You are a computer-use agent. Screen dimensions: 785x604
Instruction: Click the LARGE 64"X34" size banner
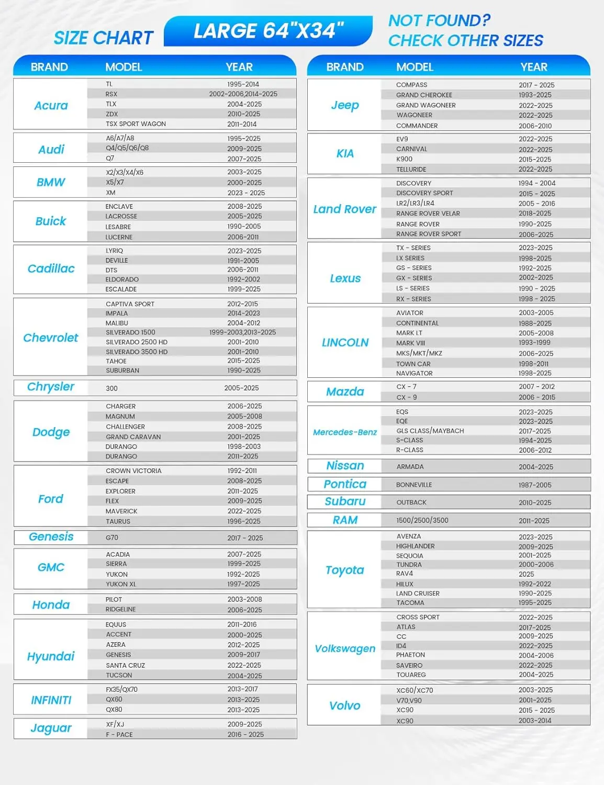click(268, 31)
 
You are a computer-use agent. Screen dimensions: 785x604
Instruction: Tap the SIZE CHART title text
click(103, 38)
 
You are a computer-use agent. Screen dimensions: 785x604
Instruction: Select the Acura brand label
click(51, 106)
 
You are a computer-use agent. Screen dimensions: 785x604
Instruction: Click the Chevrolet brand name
click(50, 338)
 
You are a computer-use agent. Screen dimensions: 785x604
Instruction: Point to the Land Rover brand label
click(344, 209)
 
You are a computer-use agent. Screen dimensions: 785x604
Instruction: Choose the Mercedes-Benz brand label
click(344, 432)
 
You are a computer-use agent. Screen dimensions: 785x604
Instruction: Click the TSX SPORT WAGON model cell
click(136, 124)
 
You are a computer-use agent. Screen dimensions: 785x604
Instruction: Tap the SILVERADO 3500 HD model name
click(137, 352)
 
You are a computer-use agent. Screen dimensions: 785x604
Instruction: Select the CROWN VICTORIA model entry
click(133, 471)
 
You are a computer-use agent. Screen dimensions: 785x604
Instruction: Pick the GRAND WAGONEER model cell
click(426, 105)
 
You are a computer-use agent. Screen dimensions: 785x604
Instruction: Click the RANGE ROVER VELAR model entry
click(428, 214)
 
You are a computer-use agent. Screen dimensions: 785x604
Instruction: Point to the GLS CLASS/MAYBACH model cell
click(430, 431)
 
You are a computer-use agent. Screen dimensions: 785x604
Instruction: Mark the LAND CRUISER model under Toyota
click(418, 593)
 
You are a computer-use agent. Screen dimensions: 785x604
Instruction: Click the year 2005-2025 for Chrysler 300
click(241, 388)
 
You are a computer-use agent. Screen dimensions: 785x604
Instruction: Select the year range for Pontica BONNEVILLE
click(534, 485)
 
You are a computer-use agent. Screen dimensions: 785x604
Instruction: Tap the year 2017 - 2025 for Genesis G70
click(245, 538)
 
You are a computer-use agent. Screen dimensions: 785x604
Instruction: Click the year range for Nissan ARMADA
click(534, 467)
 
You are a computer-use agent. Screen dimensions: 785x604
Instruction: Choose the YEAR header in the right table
click(533, 68)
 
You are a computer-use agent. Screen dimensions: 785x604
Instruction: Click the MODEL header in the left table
click(124, 68)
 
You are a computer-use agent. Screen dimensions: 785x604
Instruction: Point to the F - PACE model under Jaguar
click(119, 735)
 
